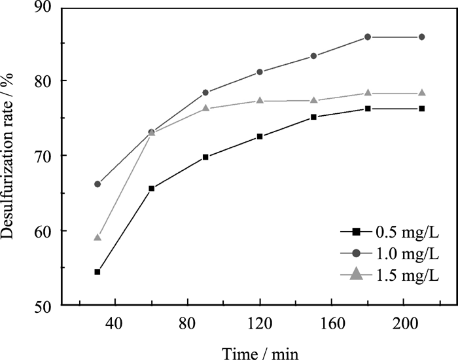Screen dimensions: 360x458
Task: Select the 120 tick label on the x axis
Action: (x=260, y=322)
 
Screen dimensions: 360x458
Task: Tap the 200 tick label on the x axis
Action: (x=403, y=322)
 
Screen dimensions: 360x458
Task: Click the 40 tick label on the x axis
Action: (x=115, y=322)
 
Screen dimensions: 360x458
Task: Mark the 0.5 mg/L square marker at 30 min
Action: (x=97, y=272)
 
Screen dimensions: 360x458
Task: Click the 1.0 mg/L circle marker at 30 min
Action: (x=97, y=184)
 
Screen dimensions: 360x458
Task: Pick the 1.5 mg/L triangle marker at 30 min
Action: (x=97, y=237)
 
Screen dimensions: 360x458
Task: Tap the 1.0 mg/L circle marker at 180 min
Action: (x=368, y=37)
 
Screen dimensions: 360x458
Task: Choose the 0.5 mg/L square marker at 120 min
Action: (x=260, y=136)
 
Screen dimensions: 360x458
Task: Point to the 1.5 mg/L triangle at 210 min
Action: (x=422, y=93)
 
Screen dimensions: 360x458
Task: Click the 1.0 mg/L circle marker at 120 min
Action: (x=260, y=72)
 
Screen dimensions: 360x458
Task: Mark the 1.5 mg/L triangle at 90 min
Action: (x=205, y=108)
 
